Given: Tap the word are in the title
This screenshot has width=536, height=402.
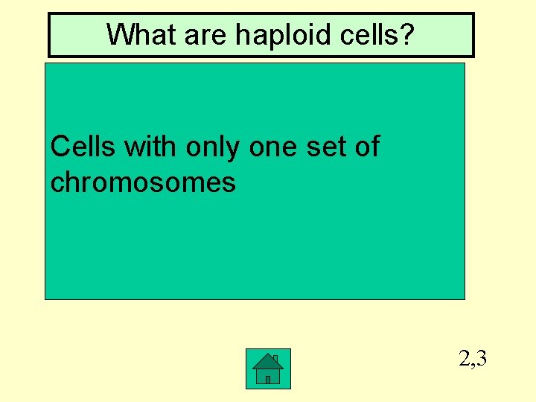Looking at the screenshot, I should [198, 34].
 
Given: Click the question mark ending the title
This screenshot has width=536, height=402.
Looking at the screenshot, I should [406, 34].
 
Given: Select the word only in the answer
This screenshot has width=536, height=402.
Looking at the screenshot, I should [213, 147].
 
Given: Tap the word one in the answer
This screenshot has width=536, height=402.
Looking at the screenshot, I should [272, 147].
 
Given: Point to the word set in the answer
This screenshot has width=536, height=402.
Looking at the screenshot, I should [325, 147].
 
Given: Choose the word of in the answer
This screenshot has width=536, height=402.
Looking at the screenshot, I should [367, 147].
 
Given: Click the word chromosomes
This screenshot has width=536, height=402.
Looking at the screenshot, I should [143, 182].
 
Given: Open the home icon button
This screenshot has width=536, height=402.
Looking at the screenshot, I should [268, 368].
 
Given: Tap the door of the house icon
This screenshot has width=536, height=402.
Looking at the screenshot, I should [268, 379].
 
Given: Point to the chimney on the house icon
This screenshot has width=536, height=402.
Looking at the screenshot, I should [275, 359].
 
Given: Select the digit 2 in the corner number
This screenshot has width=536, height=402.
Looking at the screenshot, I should [465, 360].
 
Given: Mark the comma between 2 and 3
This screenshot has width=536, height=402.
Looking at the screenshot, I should [473, 366].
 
